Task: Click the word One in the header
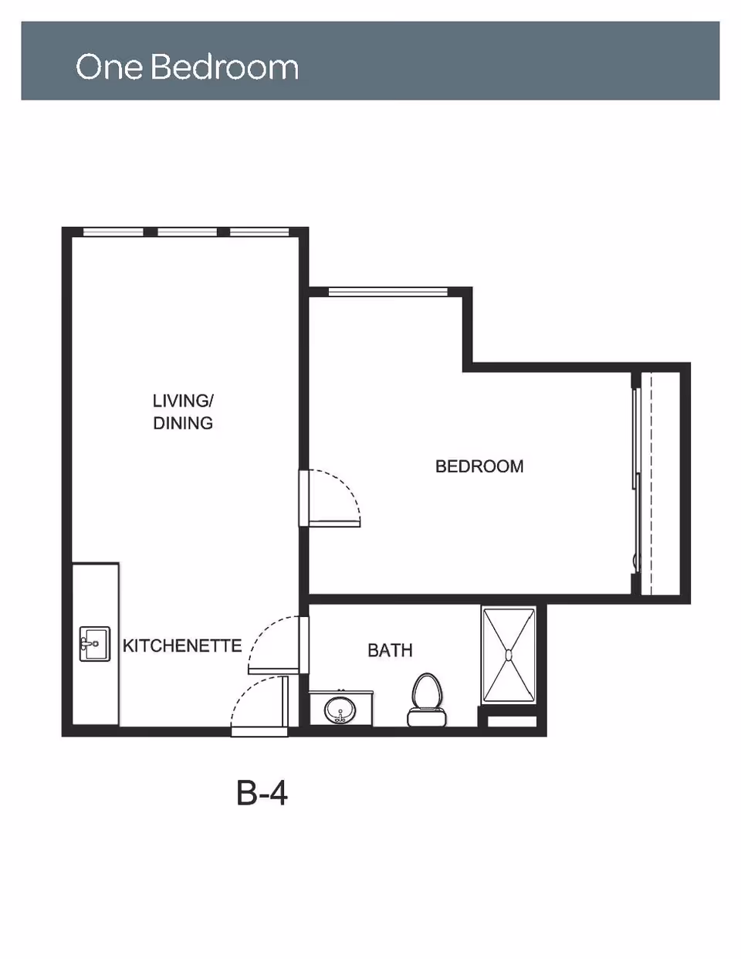[109, 67]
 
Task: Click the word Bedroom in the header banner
[225, 67]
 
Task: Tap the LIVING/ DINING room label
[183, 412]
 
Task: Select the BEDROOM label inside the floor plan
[479, 466]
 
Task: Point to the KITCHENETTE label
[182, 646]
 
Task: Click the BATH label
[390, 650]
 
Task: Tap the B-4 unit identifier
[262, 792]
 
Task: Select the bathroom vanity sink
[340, 709]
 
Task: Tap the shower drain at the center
[508, 656]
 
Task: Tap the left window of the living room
[113, 232]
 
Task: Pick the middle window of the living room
[187, 232]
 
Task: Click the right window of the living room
[259, 232]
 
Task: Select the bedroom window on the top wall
[387, 292]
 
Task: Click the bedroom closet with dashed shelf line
[660, 483]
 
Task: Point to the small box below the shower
[512, 722]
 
